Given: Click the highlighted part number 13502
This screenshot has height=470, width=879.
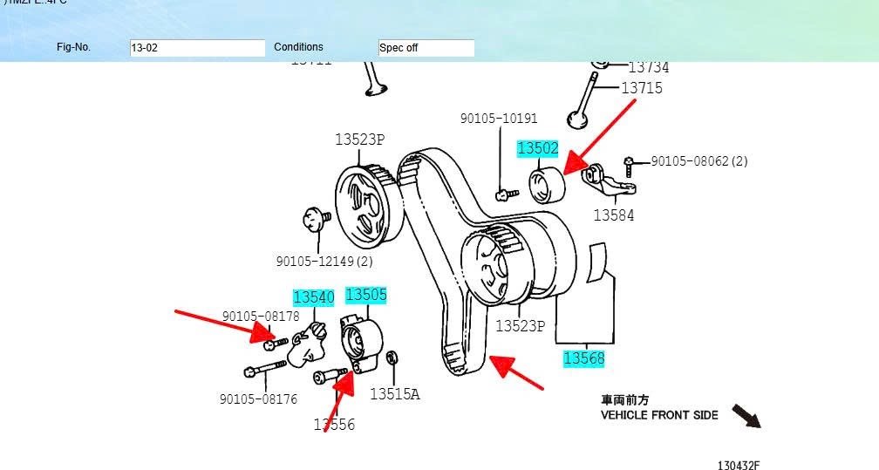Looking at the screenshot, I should click(x=537, y=148).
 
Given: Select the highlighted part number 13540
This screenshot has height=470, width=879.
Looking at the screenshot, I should click(x=313, y=297).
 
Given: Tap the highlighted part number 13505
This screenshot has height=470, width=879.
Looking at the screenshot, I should click(x=366, y=295).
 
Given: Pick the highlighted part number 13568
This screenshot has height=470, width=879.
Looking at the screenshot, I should click(x=583, y=358).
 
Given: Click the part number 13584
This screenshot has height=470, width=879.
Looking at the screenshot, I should click(x=614, y=215).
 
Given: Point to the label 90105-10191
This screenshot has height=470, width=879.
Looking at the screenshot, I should click(x=499, y=119).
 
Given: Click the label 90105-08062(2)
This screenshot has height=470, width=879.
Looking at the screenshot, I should click(x=699, y=161).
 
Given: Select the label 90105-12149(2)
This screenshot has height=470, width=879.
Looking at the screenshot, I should click(x=324, y=262).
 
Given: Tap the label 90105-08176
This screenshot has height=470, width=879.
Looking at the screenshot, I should click(x=258, y=399).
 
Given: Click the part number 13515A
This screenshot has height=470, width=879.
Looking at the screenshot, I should click(x=394, y=394).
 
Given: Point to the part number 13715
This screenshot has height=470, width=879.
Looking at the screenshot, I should click(x=642, y=88).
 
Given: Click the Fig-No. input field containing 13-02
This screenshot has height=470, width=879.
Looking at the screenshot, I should click(x=197, y=48).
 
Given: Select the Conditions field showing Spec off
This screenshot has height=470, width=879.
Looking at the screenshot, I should click(x=426, y=48).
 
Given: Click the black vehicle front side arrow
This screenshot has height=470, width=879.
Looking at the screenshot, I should click(x=746, y=416).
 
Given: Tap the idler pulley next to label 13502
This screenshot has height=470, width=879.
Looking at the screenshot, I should click(x=548, y=185).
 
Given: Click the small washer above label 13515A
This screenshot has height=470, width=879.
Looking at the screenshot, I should click(x=392, y=358).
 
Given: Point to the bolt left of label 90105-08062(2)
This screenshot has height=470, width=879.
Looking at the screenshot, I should click(x=629, y=162).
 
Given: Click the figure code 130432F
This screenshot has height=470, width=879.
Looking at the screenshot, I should click(x=739, y=466).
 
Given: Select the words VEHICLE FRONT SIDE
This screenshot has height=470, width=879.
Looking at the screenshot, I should click(x=659, y=415).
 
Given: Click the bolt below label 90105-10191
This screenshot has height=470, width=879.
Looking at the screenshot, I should click(x=502, y=194).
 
